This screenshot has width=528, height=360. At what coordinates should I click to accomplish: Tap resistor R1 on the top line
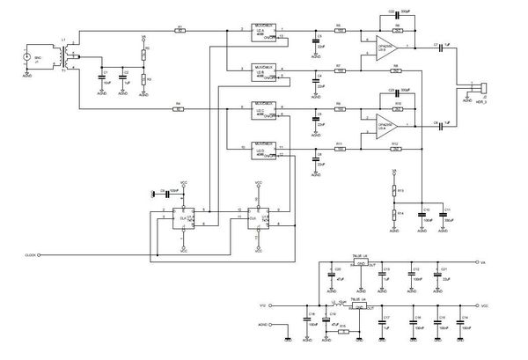pos(180,30)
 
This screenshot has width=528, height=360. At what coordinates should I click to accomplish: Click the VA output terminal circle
pos(476,262)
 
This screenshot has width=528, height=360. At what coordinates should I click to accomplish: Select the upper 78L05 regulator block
pos(358,262)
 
